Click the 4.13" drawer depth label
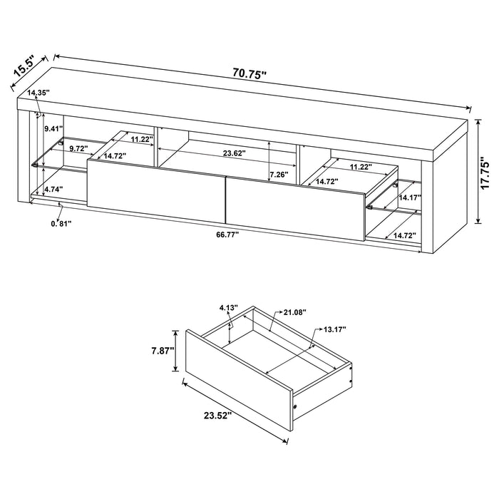(227, 309)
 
